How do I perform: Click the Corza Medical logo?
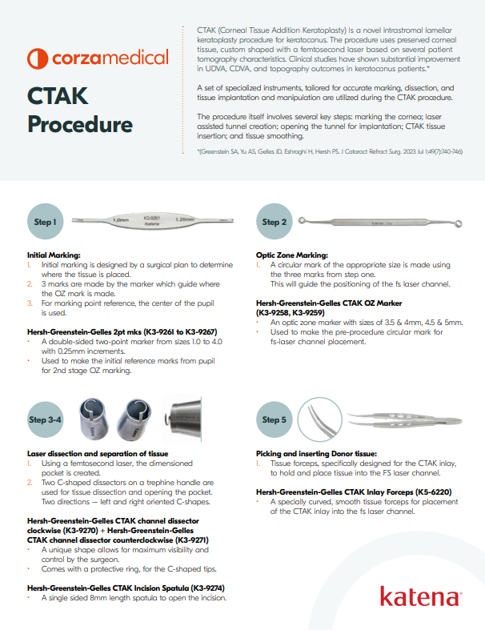click(98, 58)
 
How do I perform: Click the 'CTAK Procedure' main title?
click(80, 110)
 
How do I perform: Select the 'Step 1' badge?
click(45, 222)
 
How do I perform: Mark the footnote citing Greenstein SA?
click(329, 151)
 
